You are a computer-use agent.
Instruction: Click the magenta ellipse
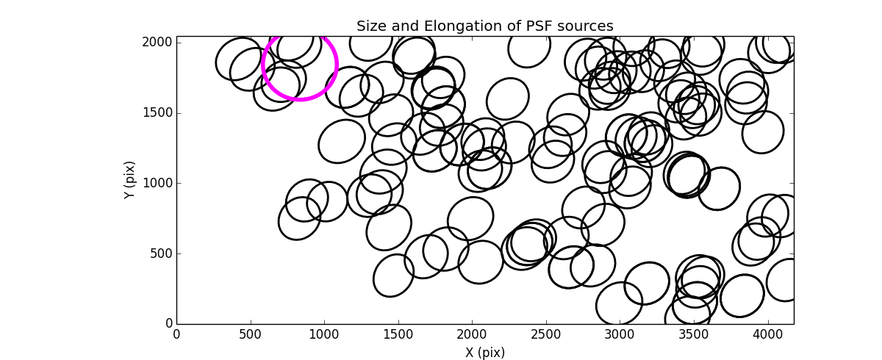(x=300, y=65)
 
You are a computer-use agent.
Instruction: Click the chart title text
(x=484, y=26)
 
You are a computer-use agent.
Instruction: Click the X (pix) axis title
(x=484, y=353)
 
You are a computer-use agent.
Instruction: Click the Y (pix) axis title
(x=130, y=180)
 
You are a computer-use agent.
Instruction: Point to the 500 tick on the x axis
(x=251, y=334)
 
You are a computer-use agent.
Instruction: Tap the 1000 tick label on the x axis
(x=324, y=334)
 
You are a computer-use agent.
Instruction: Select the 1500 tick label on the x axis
(x=398, y=334)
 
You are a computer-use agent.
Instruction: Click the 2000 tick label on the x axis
(x=472, y=334)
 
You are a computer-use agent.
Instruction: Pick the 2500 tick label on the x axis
(x=546, y=334)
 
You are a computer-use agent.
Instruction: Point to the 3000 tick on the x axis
(x=620, y=334)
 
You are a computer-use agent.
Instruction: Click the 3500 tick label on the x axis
(x=694, y=334)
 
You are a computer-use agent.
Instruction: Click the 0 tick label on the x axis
(x=176, y=334)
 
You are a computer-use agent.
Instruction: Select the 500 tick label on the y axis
(x=161, y=253)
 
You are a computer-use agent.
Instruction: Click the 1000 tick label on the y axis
(x=158, y=183)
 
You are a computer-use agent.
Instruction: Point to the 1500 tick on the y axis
(x=158, y=112)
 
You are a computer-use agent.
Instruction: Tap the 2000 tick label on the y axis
(x=158, y=43)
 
